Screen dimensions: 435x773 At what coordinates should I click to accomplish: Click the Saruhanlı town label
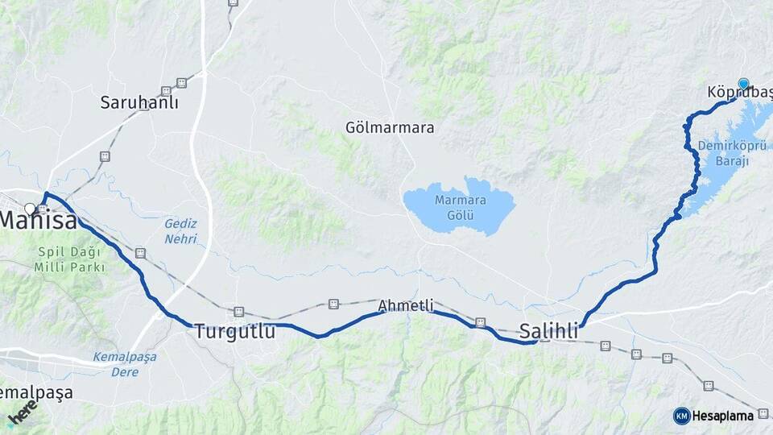coord(139,102)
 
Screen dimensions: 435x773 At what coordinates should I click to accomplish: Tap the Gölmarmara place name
coord(390,127)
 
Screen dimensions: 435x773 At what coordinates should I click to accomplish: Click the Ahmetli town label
coord(406,306)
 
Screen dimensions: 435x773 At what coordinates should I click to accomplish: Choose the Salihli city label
coord(549,330)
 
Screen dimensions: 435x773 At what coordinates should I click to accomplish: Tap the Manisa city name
coord(38,219)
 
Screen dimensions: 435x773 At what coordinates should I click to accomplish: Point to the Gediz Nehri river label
coord(180,230)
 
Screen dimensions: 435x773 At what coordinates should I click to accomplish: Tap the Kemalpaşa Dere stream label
coord(124,363)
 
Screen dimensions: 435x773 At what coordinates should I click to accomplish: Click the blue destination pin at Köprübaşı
coord(743,84)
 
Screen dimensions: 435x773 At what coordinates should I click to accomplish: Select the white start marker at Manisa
coord(30,209)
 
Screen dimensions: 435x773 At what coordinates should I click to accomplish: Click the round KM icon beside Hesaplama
coord(682,416)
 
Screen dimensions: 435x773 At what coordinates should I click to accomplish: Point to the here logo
coord(23,412)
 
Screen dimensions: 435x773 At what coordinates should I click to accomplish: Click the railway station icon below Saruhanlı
coord(105,155)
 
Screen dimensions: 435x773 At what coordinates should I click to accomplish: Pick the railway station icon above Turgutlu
coord(238,311)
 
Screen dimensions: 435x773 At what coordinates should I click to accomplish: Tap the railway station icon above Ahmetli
coord(333,304)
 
